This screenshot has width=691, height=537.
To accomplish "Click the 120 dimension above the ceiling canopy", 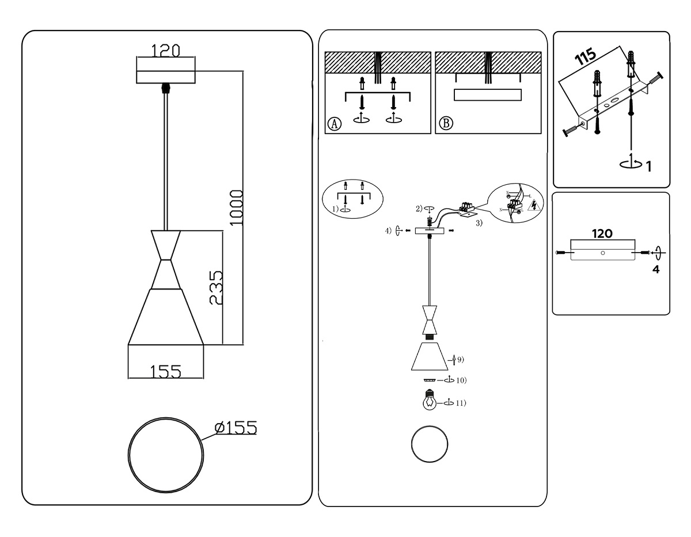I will tap(165, 50).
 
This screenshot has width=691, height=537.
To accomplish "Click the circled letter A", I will tap(333, 124).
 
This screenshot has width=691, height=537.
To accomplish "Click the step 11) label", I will tap(460, 403).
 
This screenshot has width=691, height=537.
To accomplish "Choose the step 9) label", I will tap(460, 359).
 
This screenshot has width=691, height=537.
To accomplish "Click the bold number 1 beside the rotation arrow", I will tap(648, 167).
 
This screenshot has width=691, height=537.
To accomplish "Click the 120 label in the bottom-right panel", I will tap(602, 233).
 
